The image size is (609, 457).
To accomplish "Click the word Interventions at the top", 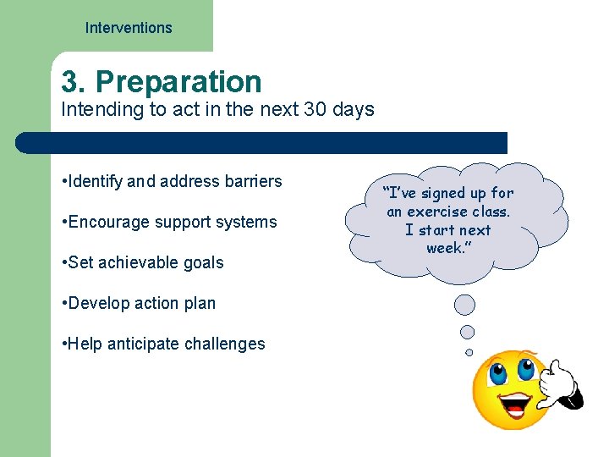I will tap(129, 28).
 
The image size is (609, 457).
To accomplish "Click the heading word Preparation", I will tap(178, 82).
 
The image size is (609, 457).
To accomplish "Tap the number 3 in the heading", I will tap(71, 82).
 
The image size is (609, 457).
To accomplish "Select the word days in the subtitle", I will tap(354, 110).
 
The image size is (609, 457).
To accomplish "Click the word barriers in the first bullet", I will tap(250, 181).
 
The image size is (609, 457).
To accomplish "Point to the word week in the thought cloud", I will tap(444, 248).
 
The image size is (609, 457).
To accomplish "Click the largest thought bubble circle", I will tap(464, 305).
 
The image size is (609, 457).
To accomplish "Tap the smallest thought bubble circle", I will tap(469, 352).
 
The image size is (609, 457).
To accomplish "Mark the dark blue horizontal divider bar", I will tap(262, 142).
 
